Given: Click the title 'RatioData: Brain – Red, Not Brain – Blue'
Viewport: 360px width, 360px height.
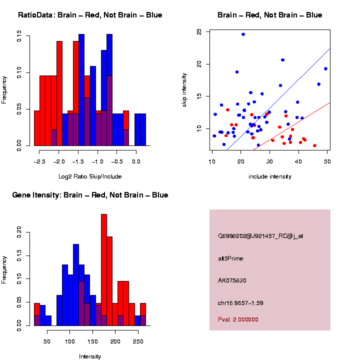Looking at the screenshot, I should (x=90, y=15).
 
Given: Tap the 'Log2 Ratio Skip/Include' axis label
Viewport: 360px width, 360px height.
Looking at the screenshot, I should (x=90, y=176).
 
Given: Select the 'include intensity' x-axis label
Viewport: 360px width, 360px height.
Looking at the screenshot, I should (x=270, y=176).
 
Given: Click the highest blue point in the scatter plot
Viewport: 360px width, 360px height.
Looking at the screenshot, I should (x=243, y=34).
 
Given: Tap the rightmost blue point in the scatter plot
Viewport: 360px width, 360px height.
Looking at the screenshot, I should (x=325, y=68).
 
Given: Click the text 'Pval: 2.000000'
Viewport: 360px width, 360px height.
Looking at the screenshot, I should (x=238, y=319).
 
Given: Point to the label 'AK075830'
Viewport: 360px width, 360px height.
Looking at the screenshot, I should (x=232, y=280).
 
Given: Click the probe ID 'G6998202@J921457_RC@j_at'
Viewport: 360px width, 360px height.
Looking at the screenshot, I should (x=260, y=236).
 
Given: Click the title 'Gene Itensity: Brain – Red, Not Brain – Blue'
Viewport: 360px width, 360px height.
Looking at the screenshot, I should (x=90, y=195).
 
